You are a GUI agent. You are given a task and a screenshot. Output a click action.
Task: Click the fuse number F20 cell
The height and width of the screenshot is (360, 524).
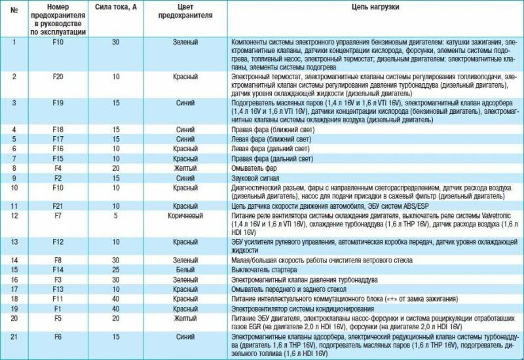[x=57, y=77]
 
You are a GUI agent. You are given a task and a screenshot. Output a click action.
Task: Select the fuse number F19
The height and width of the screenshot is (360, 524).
[x=57, y=103]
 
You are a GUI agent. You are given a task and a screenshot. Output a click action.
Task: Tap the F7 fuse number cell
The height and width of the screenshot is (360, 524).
[x=57, y=215]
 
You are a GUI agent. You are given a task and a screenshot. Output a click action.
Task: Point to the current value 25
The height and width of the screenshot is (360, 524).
[x=115, y=270]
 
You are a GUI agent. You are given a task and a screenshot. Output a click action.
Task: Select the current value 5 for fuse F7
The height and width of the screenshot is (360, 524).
[x=115, y=215]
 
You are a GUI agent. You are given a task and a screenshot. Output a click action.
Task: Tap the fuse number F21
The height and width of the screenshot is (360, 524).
[x=57, y=206]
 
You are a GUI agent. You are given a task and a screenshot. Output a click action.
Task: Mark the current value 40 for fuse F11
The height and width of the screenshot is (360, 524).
[x=115, y=298]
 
